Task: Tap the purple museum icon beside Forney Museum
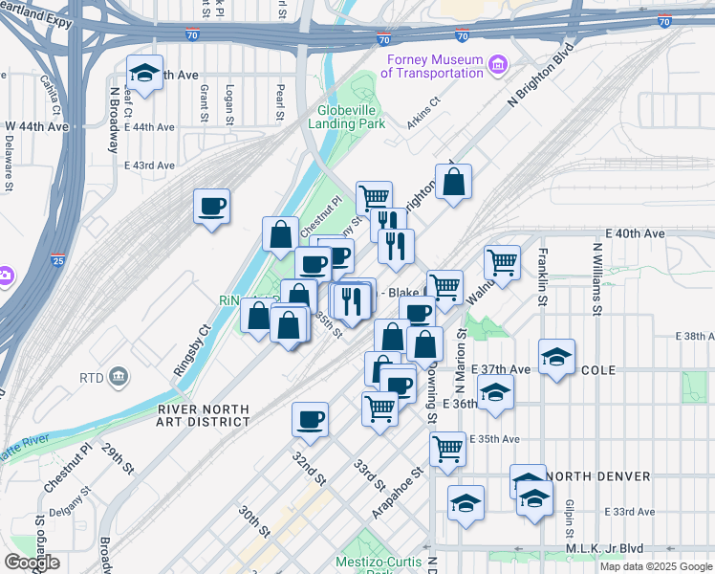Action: pos(497,65)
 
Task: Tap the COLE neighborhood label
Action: pos(597,369)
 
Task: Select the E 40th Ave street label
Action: pos(635,233)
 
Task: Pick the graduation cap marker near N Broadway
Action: pos(144,74)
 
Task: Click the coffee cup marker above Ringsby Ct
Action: pos(212,205)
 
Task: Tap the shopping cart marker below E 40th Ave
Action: pos(502,260)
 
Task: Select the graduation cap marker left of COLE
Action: pos(495,391)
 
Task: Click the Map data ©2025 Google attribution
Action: pos(655,566)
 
